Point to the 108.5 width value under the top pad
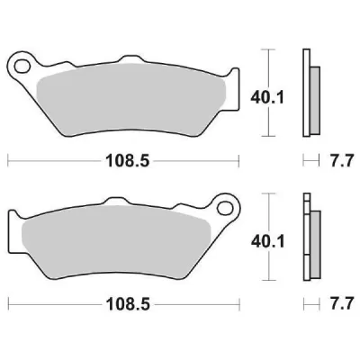pyautogui.click(x=123, y=163)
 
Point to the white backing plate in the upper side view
pyautogui.click(x=307, y=90)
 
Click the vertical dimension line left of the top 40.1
pyautogui.click(x=264, y=90)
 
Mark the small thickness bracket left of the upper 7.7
pyautogui.click(x=310, y=162)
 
